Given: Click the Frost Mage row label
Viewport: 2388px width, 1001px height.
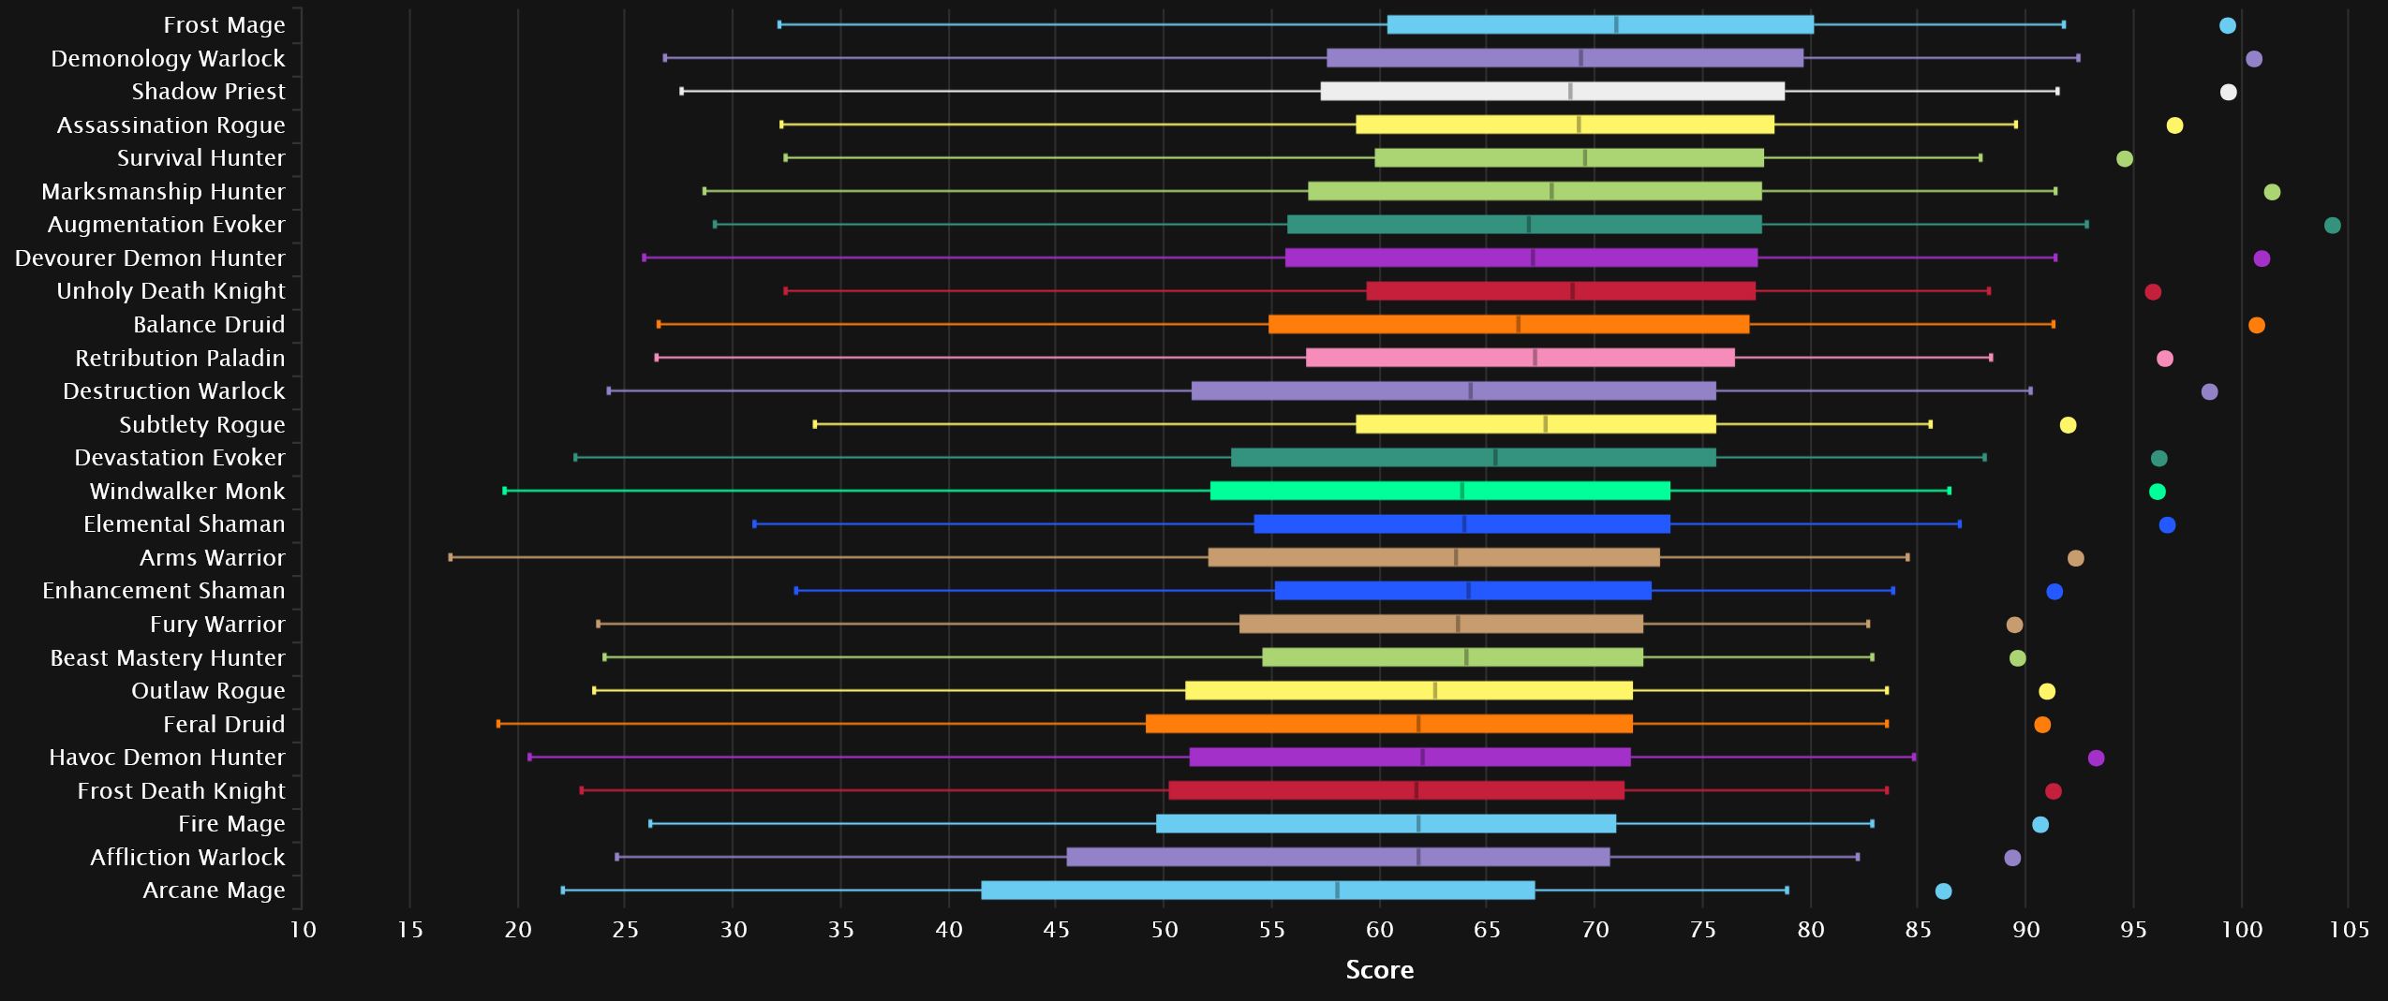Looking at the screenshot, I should click(x=224, y=25).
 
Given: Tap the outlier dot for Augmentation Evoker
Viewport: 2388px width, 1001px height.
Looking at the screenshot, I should click(x=2332, y=225).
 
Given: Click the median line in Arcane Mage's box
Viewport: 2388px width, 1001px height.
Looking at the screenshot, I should click(x=1337, y=891).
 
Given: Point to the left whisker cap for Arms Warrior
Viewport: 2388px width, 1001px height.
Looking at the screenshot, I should click(x=451, y=557).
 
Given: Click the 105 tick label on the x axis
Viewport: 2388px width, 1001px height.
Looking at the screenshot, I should click(x=2349, y=930).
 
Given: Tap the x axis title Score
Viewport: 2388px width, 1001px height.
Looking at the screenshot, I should click(x=1379, y=970).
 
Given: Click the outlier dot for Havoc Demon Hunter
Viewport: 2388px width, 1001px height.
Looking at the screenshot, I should click(x=2096, y=758).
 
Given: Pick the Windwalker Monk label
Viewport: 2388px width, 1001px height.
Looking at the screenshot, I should click(x=186, y=492).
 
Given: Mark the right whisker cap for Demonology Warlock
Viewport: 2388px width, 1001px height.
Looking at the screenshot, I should click(x=2078, y=58).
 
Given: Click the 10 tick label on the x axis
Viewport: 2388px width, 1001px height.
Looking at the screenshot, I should click(x=302, y=930).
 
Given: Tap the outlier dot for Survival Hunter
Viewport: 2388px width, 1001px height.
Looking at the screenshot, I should click(x=2124, y=158).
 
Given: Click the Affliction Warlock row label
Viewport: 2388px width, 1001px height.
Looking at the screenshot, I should click(x=186, y=858).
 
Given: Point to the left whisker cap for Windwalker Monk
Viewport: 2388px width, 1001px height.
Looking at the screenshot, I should click(x=505, y=491).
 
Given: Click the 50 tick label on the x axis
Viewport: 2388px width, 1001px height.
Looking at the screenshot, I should click(x=1164, y=930).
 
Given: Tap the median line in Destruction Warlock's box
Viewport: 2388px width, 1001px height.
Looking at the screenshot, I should click(x=1470, y=391).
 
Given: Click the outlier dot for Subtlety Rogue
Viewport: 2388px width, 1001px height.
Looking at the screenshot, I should click(x=2068, y=425).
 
